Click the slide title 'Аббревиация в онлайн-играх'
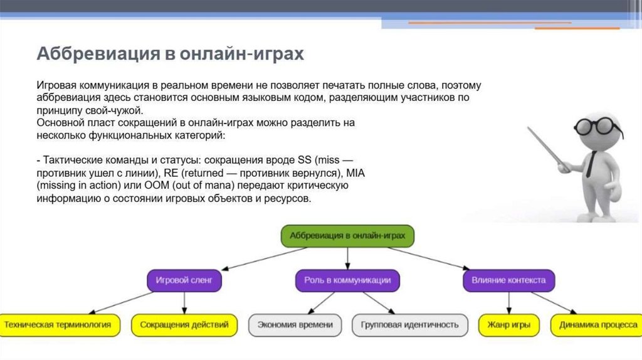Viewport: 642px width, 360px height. (x=170, y=54)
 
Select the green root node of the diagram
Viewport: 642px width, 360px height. (x=347, y=236)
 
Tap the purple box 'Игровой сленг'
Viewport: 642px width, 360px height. (x=184, y=280)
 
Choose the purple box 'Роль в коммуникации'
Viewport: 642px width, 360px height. (x=347, y=280)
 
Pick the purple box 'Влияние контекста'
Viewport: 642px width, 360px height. (x=508, y=280)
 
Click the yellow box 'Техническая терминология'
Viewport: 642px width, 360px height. (x=61, y=325)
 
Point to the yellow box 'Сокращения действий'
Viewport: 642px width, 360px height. (x=184, y=325)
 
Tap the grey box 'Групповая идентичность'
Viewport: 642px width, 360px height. (x=410, y=325)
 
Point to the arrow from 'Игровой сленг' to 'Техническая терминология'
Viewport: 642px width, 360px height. (x=119, y=302)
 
